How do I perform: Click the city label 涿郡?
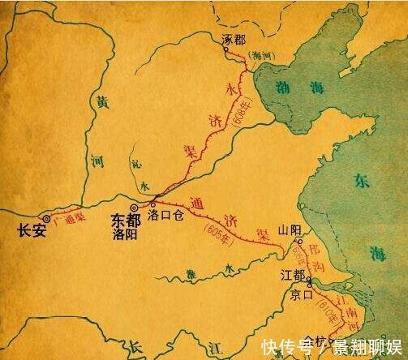tap(233, 37)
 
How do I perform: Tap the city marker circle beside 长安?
tap(45, 217)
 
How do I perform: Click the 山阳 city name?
tap(289, 230)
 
